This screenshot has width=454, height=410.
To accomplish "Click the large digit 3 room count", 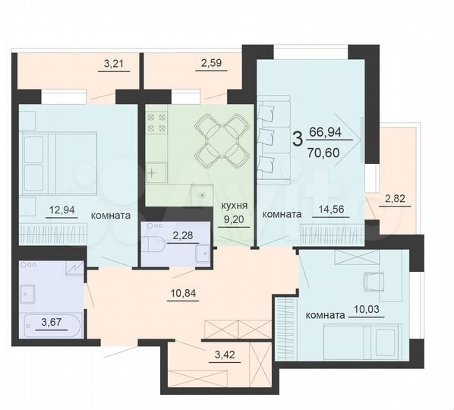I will tap(297, 139).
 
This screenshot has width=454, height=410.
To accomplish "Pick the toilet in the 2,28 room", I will tap(156, 245).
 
